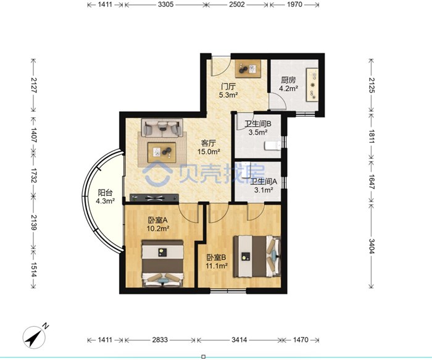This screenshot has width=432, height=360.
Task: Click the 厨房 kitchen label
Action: point(288,80)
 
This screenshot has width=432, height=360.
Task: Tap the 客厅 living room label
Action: point(209,143)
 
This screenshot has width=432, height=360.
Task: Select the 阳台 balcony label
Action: point(106,193)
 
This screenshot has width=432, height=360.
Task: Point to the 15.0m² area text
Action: point(209,151)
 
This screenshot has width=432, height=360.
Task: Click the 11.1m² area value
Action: point(217,266)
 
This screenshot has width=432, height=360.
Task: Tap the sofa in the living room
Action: point(162,128)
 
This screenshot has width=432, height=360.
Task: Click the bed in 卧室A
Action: point(162,264)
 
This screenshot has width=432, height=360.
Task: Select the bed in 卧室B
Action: point(257,256)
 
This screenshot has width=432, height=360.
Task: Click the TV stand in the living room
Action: point(154,198)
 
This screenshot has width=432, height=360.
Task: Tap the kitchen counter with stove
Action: point(312,85)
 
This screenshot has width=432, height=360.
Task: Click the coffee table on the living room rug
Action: point(162,153)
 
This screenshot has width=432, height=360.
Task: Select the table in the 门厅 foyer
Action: point(247,69)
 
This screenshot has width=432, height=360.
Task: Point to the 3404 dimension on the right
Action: point(372,246)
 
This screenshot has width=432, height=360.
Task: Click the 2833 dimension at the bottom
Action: point(160,340)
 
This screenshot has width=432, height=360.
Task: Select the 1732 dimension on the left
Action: point(33,175)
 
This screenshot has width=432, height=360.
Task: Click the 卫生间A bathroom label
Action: point(264,182)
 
